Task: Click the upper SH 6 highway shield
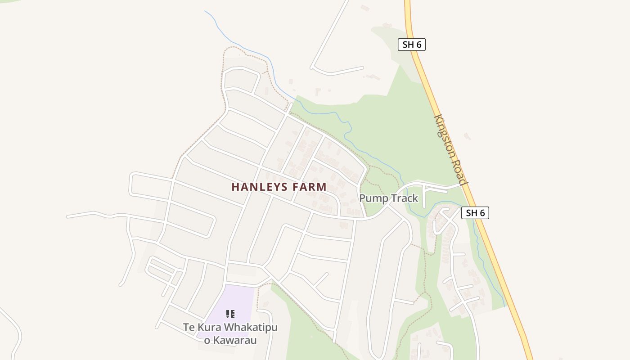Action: [412, 45]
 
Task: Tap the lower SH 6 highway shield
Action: [475, 213]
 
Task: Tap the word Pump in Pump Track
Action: [373, 198]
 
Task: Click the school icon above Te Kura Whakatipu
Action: [230, 314]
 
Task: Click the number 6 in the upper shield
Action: [420, 45]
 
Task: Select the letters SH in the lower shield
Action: [471, 213]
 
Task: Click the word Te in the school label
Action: [189, 328]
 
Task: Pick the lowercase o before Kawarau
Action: [207, 341]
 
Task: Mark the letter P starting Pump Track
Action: [363, 198]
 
